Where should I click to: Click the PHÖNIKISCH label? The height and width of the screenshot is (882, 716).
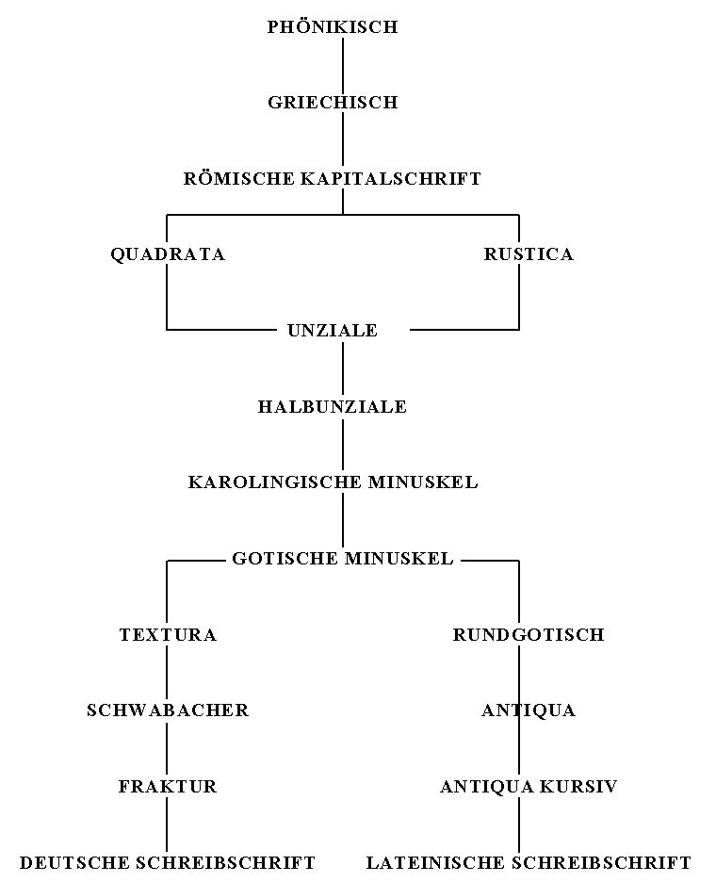(x=333, y=27)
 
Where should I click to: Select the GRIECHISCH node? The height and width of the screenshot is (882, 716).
(x=333, y=103)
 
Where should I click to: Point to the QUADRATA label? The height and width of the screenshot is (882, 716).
(x=168, y=254)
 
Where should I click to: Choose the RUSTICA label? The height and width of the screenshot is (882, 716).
(x=529, y=254)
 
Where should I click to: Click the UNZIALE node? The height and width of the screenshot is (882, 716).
(x=333, y=331)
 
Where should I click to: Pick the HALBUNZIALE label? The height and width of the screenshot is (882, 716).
(x=333, y=407)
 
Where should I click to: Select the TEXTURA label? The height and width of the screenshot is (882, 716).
(x=168, y=635)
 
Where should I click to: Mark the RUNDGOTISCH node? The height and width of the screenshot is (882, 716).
(x=529, y=635)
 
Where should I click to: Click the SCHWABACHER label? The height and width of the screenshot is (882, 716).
(x=168, y=710)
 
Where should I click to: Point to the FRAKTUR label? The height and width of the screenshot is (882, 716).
(x=168, y=787)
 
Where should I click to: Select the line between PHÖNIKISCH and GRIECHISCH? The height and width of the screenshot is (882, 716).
(x=342, y=65)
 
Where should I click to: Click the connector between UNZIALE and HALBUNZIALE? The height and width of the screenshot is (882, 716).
(x=342, y=368)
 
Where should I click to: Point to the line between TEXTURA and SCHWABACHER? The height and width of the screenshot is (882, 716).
(x=168, y=673)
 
